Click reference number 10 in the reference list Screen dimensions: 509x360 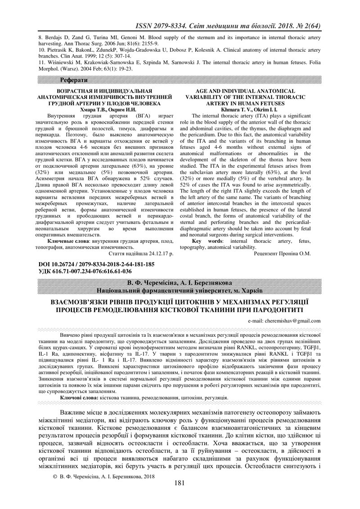point(42,50)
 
